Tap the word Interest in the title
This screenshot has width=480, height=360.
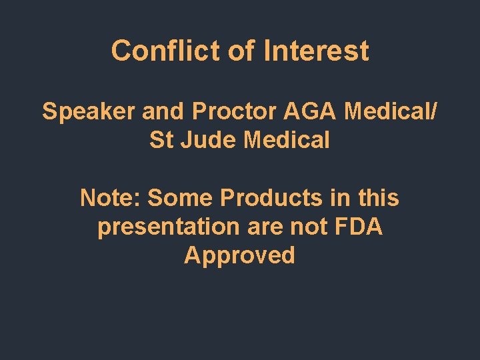[316, 51]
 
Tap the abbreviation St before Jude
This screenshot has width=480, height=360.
[160, 140]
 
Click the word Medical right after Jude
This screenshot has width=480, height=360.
[287, 140]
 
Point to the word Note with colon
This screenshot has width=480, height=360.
[110, 198]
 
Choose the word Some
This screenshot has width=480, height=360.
[181, 198]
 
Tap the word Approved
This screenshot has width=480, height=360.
[239, 255]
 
